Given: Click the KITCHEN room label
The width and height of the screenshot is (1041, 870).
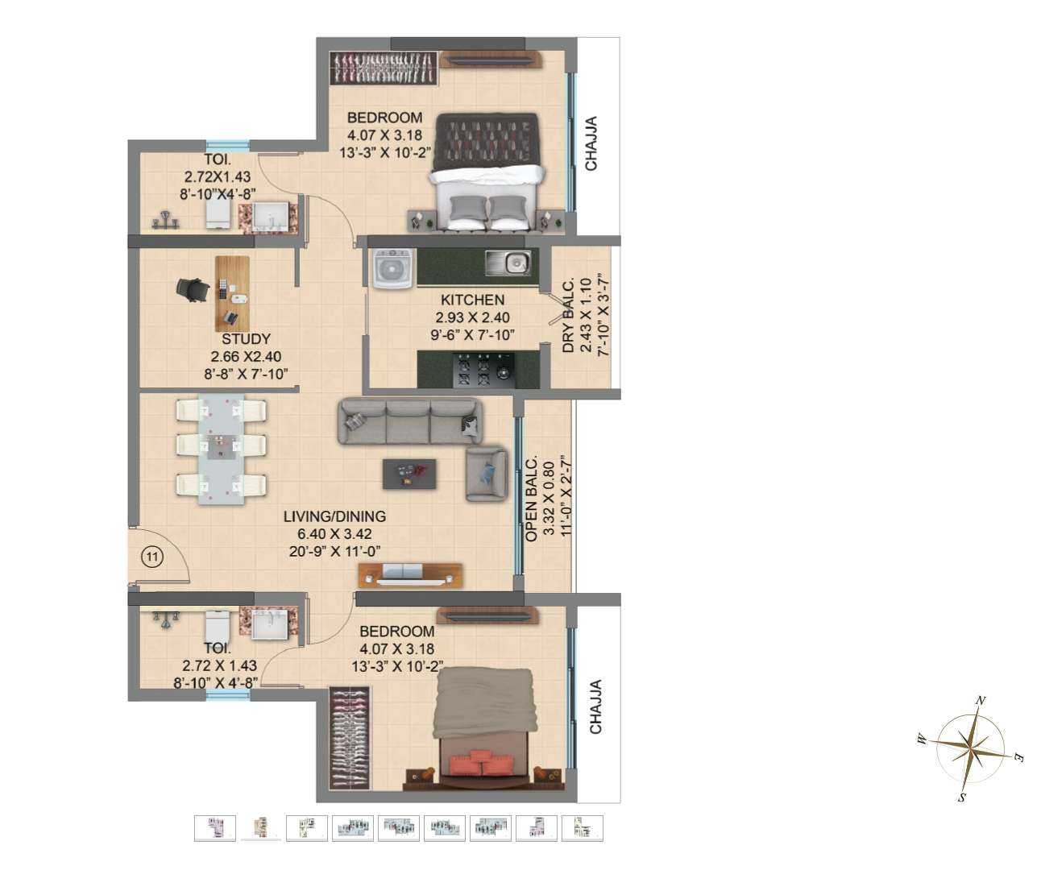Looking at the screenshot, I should click(472, 300).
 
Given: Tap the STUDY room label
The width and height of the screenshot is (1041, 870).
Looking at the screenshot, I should click(246, 339).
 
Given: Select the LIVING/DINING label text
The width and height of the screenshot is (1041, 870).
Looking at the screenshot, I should click(334, 516).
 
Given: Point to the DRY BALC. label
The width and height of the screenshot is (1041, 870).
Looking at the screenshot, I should click(569, 316).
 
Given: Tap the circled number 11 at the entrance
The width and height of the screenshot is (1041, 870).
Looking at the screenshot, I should click(152, 556).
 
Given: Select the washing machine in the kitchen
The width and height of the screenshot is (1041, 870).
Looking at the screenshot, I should click(393, 267).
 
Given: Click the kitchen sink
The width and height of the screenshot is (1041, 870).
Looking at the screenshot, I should click(508, 263).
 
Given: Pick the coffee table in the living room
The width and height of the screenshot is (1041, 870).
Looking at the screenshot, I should click(409, 474).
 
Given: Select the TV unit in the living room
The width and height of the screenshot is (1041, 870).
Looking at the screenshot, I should click(410, 574).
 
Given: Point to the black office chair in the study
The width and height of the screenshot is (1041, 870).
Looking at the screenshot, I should click(193, 290).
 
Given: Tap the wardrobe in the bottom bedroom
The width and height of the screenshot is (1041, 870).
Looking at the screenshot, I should click(350, 738).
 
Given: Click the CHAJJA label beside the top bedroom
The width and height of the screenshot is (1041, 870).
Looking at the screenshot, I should click(591, 143).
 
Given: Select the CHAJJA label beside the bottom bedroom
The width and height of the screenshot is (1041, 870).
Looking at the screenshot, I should click(596, 706).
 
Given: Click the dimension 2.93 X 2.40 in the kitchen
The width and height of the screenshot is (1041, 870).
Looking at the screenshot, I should click(472, 317).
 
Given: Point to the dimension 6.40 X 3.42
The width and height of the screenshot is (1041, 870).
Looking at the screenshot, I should click(334, 534).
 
